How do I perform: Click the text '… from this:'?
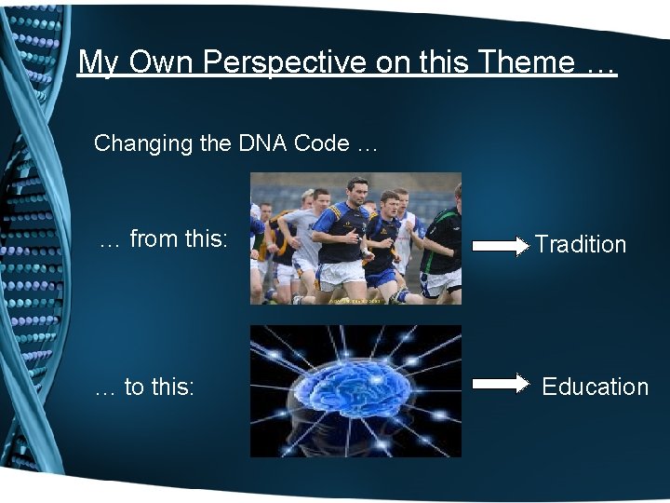(x=163, y=239)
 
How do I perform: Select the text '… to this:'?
(x=145, y=387)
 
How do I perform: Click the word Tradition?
(x=580, y=245)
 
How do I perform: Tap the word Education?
(x=595, y=387)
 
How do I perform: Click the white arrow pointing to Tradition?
(x=500, y=246)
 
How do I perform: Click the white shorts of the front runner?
(x=342, y=274)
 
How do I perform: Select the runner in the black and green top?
(x=443, y=242)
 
